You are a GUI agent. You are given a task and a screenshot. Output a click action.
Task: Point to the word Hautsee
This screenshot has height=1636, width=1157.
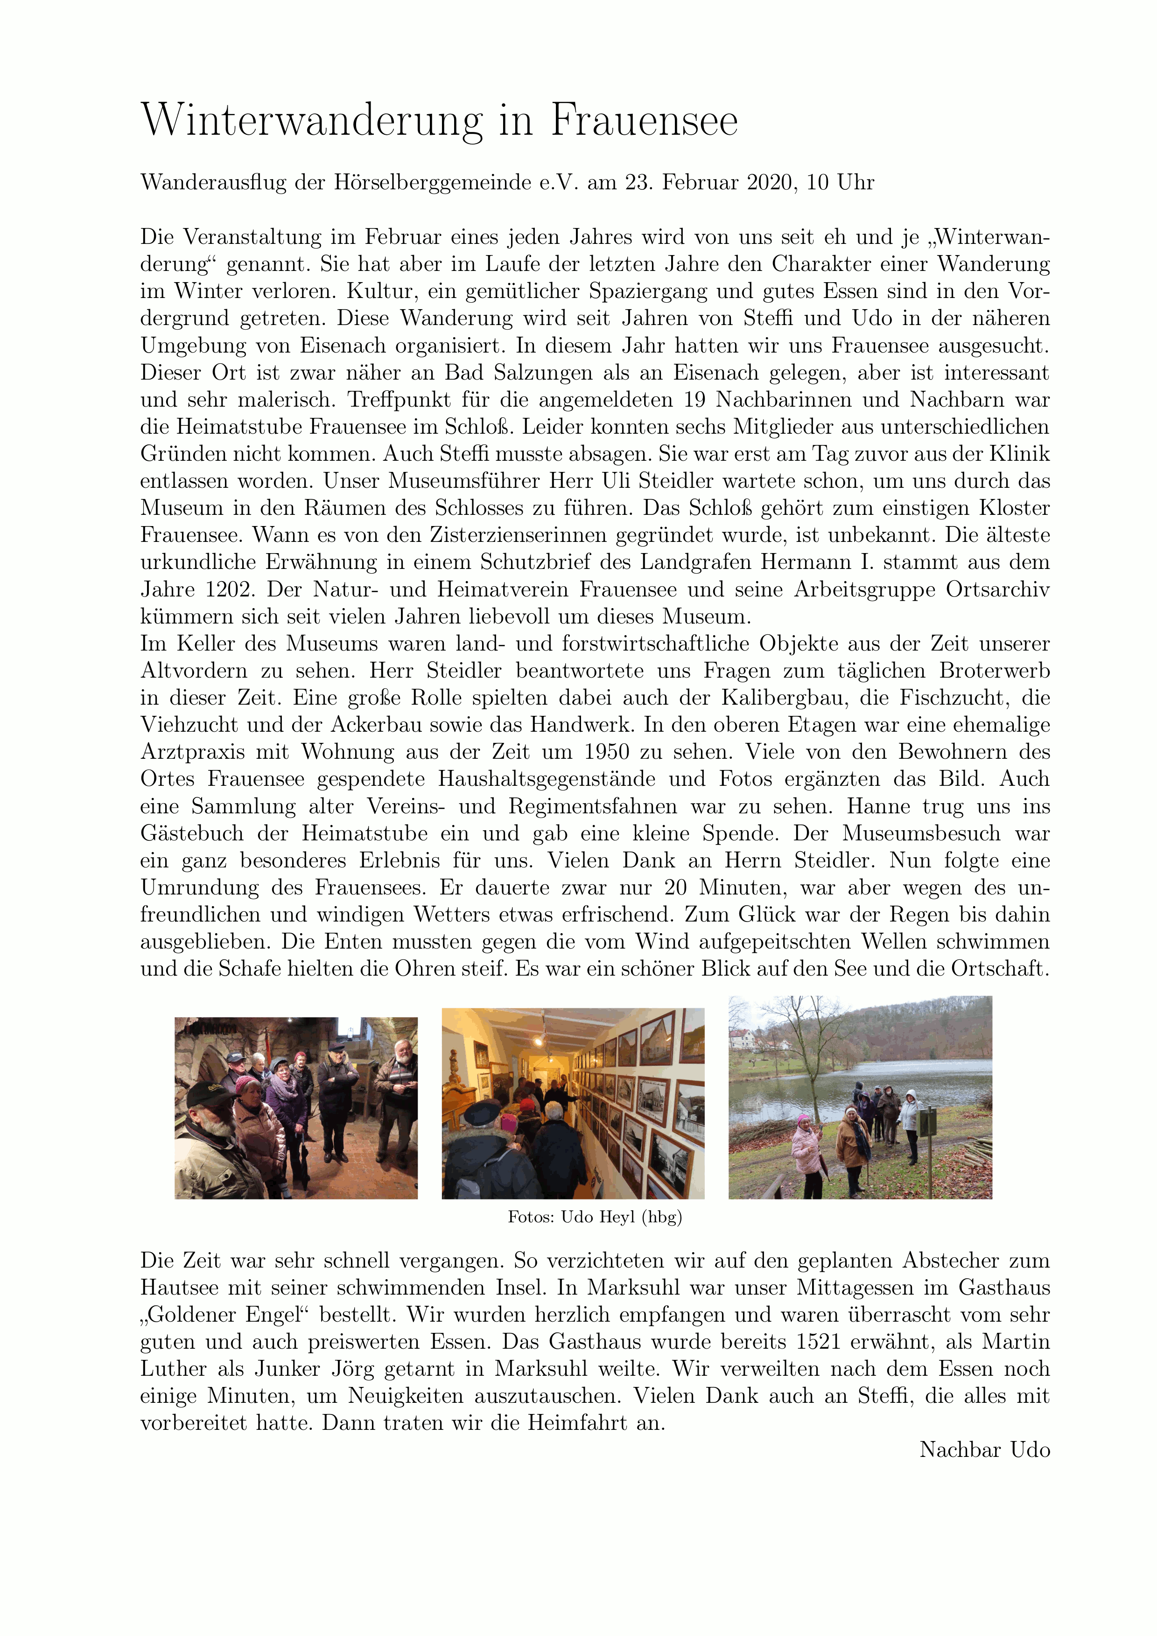tap(180, 1288)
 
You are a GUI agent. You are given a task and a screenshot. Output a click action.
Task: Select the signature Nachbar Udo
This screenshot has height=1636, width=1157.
tap(984, 1449)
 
